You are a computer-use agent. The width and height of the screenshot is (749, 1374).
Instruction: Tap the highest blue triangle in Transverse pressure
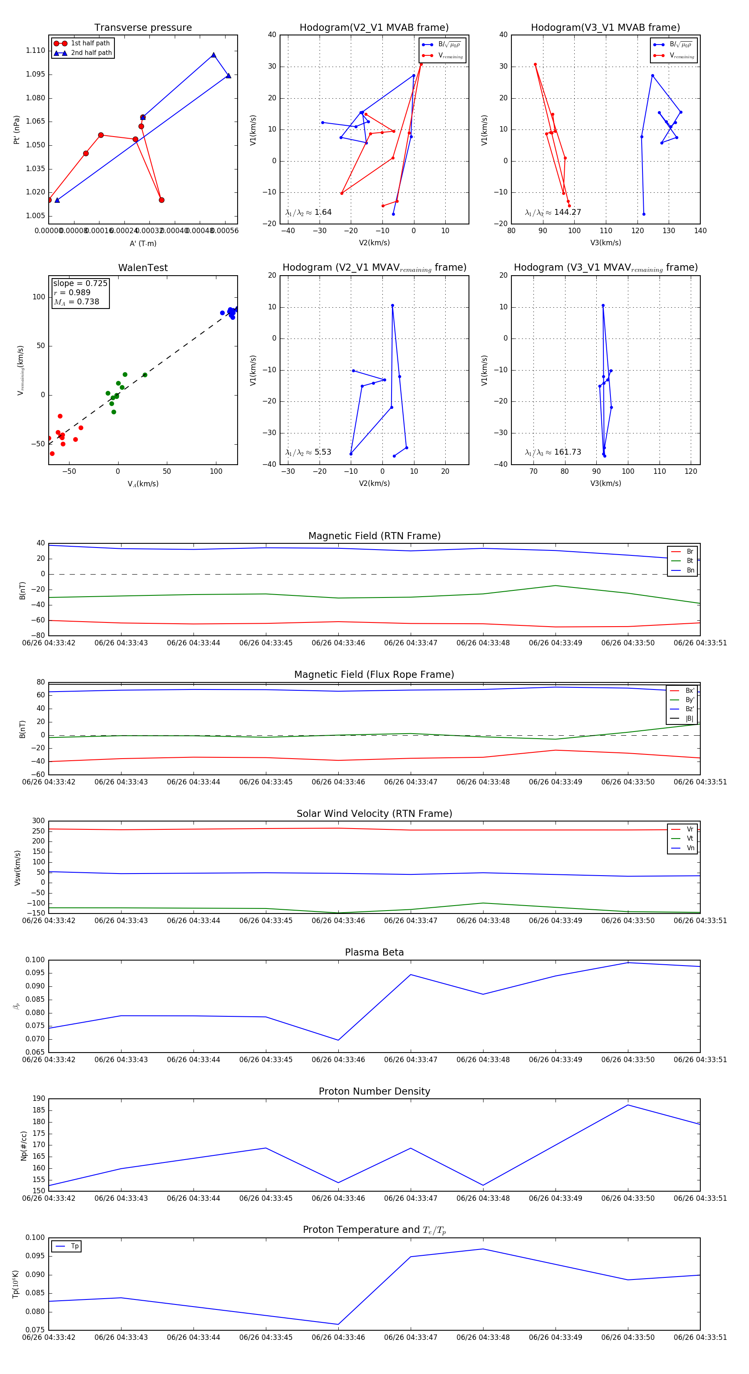click(x=213, y=55)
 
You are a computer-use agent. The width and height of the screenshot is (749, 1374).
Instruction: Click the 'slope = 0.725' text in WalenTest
click(x=80, y=283)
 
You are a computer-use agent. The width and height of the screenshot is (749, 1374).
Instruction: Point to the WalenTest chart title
click(x=143, y=268)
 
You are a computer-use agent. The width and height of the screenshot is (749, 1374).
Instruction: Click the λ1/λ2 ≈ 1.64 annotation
click(x=308, y=212)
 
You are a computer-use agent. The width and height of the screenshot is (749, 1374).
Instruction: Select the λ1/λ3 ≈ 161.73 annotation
click(x=553, y=452)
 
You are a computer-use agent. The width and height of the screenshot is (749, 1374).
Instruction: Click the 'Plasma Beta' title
click(x=374, y=953)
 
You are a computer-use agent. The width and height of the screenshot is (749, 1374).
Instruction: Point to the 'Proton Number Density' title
click(x=374, y=1091)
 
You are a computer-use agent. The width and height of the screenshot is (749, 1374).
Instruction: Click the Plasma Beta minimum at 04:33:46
click(x=338, y=1040)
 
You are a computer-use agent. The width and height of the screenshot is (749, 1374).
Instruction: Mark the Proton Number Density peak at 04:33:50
click(x=628, y=1105)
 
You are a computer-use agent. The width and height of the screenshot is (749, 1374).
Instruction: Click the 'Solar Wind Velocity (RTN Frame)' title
click(x=374, y=814)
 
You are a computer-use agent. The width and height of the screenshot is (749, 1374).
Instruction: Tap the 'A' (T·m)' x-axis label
click(x=143, y=244)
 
